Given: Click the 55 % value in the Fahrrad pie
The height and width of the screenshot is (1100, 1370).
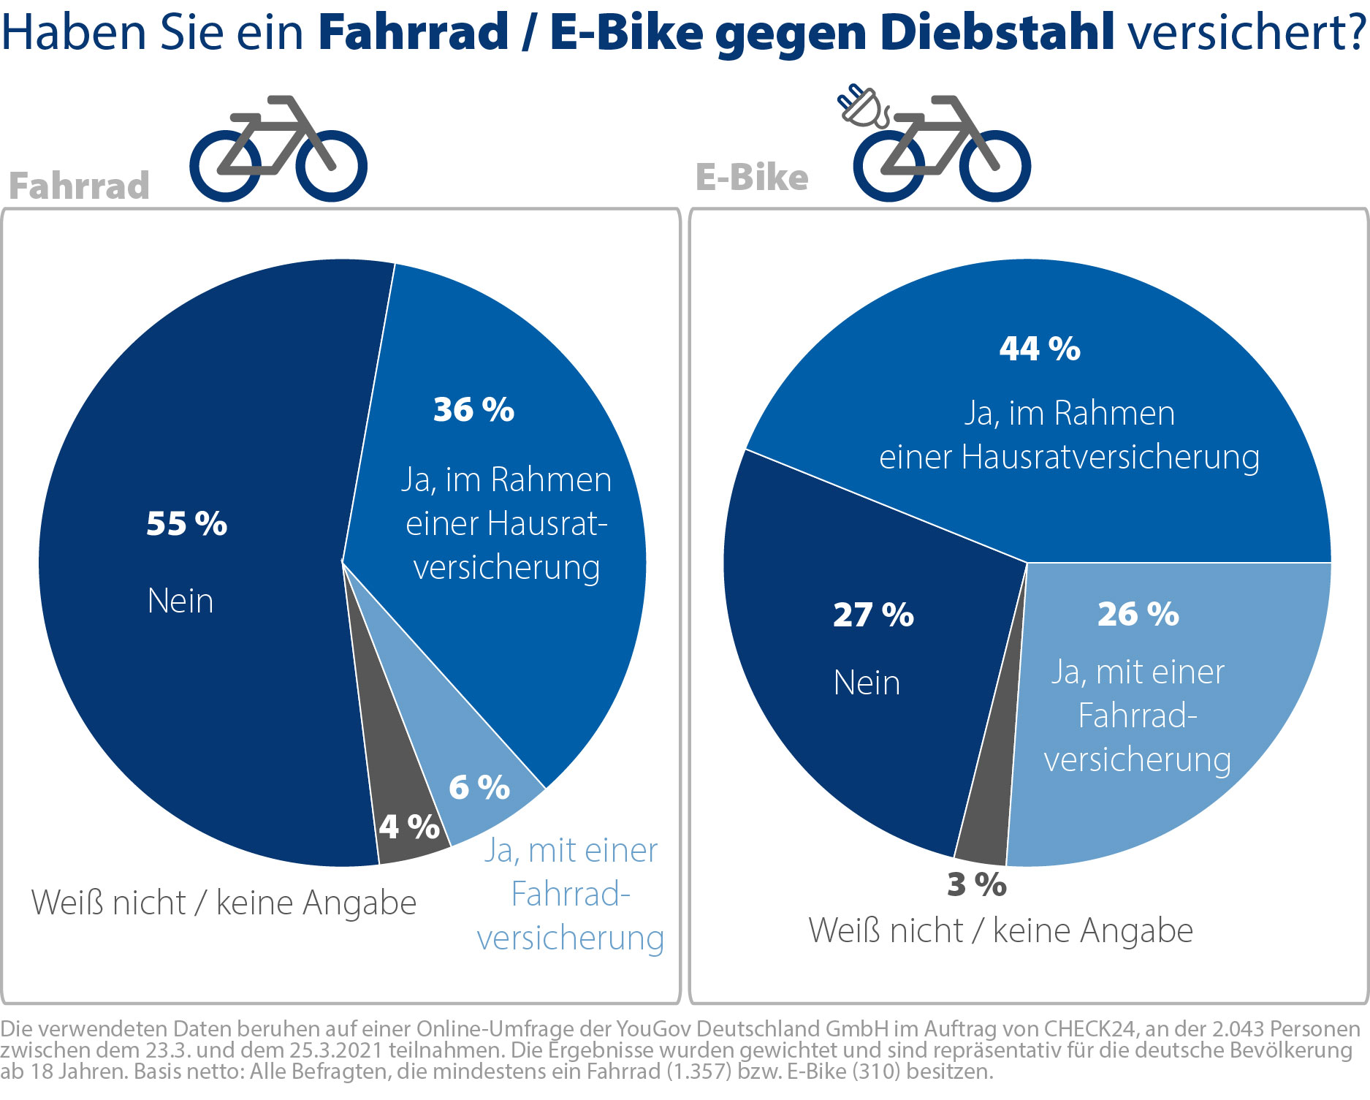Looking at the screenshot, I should [x=186, y=524].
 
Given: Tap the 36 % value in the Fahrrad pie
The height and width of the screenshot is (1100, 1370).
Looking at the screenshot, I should [x=473, y=410].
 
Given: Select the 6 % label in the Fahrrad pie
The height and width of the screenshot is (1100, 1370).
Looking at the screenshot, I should [x=479, y=788].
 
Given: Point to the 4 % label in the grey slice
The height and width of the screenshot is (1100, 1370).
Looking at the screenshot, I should [x=409, y=827].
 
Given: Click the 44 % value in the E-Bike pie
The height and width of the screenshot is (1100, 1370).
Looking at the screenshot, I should [x=1040, y=349].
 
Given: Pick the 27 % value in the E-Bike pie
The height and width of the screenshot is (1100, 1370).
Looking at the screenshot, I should [x=873, y=615].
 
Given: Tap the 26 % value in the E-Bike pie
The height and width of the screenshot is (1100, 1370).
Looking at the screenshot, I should [x=1138, y=615].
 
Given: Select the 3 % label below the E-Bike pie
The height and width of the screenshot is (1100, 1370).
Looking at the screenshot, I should [x=977, y=885].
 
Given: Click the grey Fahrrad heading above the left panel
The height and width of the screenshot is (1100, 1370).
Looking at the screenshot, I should [x=79, y=186].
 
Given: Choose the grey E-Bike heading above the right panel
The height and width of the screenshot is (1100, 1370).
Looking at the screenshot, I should [x=752, y=178].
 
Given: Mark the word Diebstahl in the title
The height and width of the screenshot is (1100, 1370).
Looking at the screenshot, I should [x=997, y=33].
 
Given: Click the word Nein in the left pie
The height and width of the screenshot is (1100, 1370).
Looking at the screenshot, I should [x=180, y=602].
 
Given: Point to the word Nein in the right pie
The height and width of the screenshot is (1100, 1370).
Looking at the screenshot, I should [x=867, y=683].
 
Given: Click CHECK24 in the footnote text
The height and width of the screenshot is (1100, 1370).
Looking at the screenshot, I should [x=1089, y=1028].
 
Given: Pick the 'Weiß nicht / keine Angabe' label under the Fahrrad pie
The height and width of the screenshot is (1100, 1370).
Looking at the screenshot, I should [x=224, y=903].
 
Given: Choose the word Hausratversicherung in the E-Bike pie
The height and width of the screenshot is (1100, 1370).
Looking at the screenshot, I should [x=1110, y=458].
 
